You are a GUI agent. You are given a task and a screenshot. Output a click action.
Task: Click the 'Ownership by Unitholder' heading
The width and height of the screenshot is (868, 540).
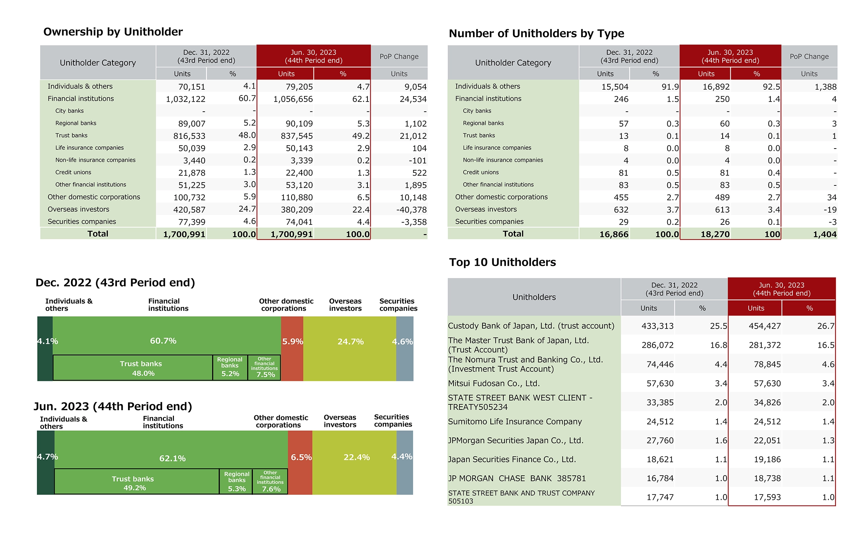click(113, 32)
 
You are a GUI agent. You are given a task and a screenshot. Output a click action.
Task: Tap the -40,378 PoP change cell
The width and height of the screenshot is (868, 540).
click(411, 210)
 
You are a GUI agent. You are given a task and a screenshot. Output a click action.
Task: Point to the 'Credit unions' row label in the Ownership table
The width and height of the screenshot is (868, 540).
click(73, 172)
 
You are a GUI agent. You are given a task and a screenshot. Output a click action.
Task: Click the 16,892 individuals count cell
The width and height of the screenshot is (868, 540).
click(716, 87)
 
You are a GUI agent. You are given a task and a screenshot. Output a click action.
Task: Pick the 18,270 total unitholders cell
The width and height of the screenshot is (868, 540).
click(715, 234)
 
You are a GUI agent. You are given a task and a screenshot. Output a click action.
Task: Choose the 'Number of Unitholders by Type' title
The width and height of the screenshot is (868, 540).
click(536, 34)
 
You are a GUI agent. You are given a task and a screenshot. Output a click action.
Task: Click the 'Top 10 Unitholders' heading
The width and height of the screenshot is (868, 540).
click(502, 262)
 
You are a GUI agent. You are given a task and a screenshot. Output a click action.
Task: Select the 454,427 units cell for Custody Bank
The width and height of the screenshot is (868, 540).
click(765, 326)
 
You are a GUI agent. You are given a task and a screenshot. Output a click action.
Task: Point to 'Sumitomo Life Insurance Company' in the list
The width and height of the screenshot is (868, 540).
click(515, 421)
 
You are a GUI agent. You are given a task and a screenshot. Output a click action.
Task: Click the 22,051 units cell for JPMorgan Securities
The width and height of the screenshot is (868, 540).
click(767, 441)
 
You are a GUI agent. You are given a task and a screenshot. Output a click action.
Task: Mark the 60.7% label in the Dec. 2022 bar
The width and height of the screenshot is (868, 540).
click(163, 341)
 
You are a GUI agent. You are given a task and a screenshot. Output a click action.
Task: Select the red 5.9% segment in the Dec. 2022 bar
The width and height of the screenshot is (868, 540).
click(292, 348)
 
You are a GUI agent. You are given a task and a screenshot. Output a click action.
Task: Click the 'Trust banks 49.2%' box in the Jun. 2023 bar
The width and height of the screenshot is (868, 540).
click(137, 481)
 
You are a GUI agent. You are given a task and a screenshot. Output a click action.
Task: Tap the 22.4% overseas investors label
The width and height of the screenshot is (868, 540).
click(357, 457)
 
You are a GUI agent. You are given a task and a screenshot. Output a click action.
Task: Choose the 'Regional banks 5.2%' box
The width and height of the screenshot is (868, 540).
click(230, 368)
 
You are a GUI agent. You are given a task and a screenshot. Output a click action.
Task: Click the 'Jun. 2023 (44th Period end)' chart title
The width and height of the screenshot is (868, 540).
click(113, 407)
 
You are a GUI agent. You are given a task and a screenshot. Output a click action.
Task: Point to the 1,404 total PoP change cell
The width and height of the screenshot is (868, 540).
click(825, 234)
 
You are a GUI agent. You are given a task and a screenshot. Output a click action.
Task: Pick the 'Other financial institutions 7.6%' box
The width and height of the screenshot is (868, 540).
click(270, 481)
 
